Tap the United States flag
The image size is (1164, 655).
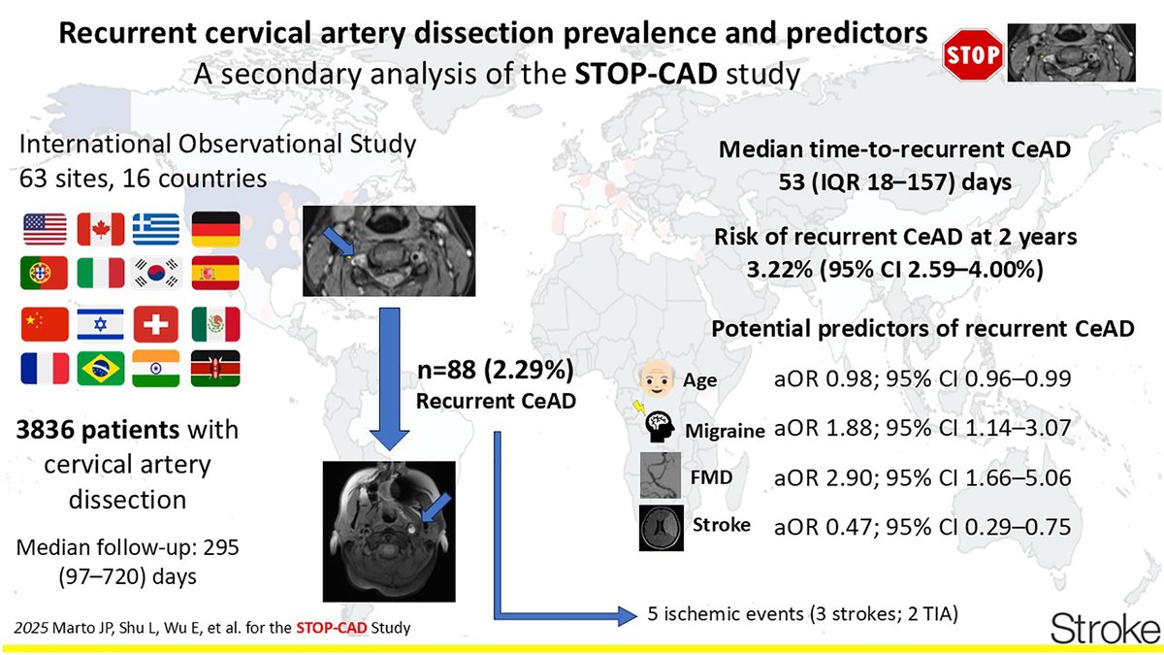pyautogui.click(x=44, y=229)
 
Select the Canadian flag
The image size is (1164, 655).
pyautogui.click(x=100, y=229)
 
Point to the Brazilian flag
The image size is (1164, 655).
pyautogui.click(x=100, y=369)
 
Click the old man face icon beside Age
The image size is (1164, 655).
pyautogui.click(x=656, y=380)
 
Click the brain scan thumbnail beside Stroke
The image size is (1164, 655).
pyautogui.click(x=662, y=527)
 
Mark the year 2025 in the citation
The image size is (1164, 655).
pyautogui.click(x=32, y=628)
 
